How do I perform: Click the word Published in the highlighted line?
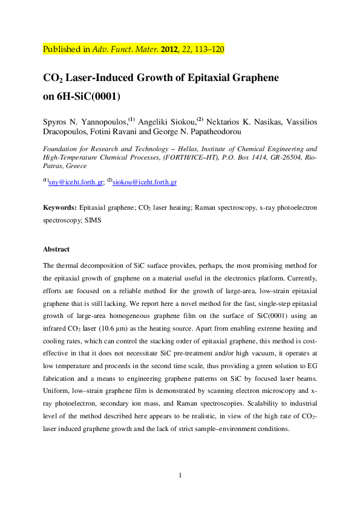coord(62,50)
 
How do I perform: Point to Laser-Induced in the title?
coord(106,79)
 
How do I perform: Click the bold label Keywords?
coord(60,207)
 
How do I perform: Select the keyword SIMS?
coord(93,221)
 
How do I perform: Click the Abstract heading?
coord(56,249)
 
